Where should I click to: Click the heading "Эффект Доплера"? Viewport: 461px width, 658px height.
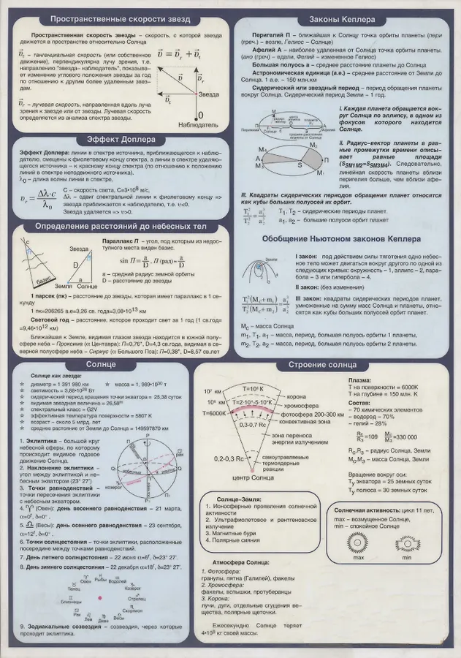pyautogui.click(x=117, y=140)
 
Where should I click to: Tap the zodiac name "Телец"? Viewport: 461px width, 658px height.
pyautogui.click(x=72, y=588)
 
